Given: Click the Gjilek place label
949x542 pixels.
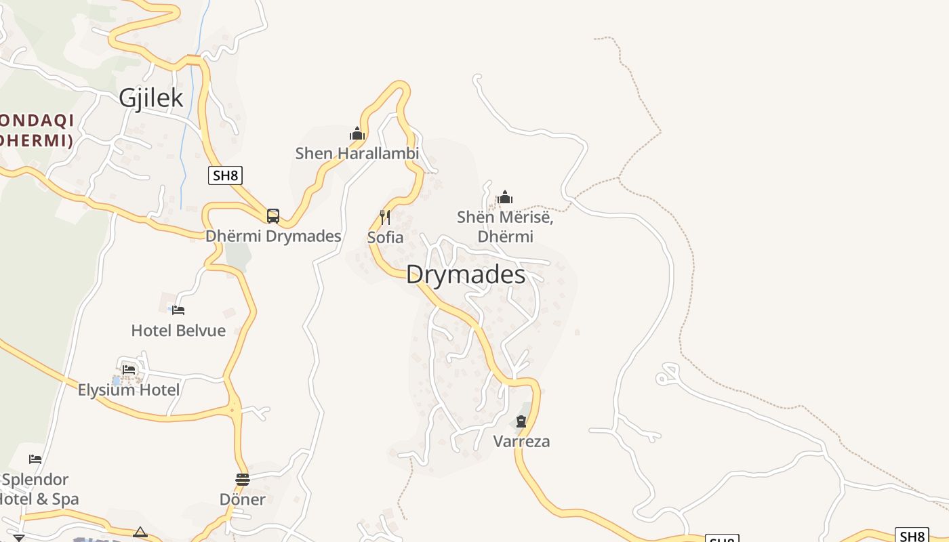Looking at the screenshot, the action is coord(150,98).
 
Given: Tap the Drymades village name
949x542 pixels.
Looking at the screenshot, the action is coord(466,274).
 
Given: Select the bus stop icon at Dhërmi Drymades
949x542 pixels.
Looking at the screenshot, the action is coord(273,216).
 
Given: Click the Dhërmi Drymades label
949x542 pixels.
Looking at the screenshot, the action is coord(273,236).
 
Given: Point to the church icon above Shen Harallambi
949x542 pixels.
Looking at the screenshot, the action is coord(357,133).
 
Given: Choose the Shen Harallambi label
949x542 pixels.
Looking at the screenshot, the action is coord(357,154).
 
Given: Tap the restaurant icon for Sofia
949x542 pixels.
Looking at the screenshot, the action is coord(385,217).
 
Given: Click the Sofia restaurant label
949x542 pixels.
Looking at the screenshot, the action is coord(385,238).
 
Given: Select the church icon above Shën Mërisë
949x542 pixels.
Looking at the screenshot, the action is coord(505,197).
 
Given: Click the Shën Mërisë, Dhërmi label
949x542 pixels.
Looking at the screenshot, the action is coord(505,227).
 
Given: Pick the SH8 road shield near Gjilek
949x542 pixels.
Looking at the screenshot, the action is coord(225,176).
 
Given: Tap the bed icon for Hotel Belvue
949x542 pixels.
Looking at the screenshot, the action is coord(178,310).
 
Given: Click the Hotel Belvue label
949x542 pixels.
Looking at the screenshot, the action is coord(178,331).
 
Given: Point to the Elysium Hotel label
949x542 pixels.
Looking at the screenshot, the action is coord(129,390).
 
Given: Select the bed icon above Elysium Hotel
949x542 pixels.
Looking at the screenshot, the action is coord(129,370).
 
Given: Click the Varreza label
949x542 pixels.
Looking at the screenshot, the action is coord(521,442).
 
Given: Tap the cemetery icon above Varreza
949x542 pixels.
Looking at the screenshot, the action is coord(521,422).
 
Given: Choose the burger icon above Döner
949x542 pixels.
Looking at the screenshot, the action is coord(243,480).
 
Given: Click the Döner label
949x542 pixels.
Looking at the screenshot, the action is coord(243,499).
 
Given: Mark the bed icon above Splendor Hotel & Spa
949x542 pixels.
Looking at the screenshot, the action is coord(35,459).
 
